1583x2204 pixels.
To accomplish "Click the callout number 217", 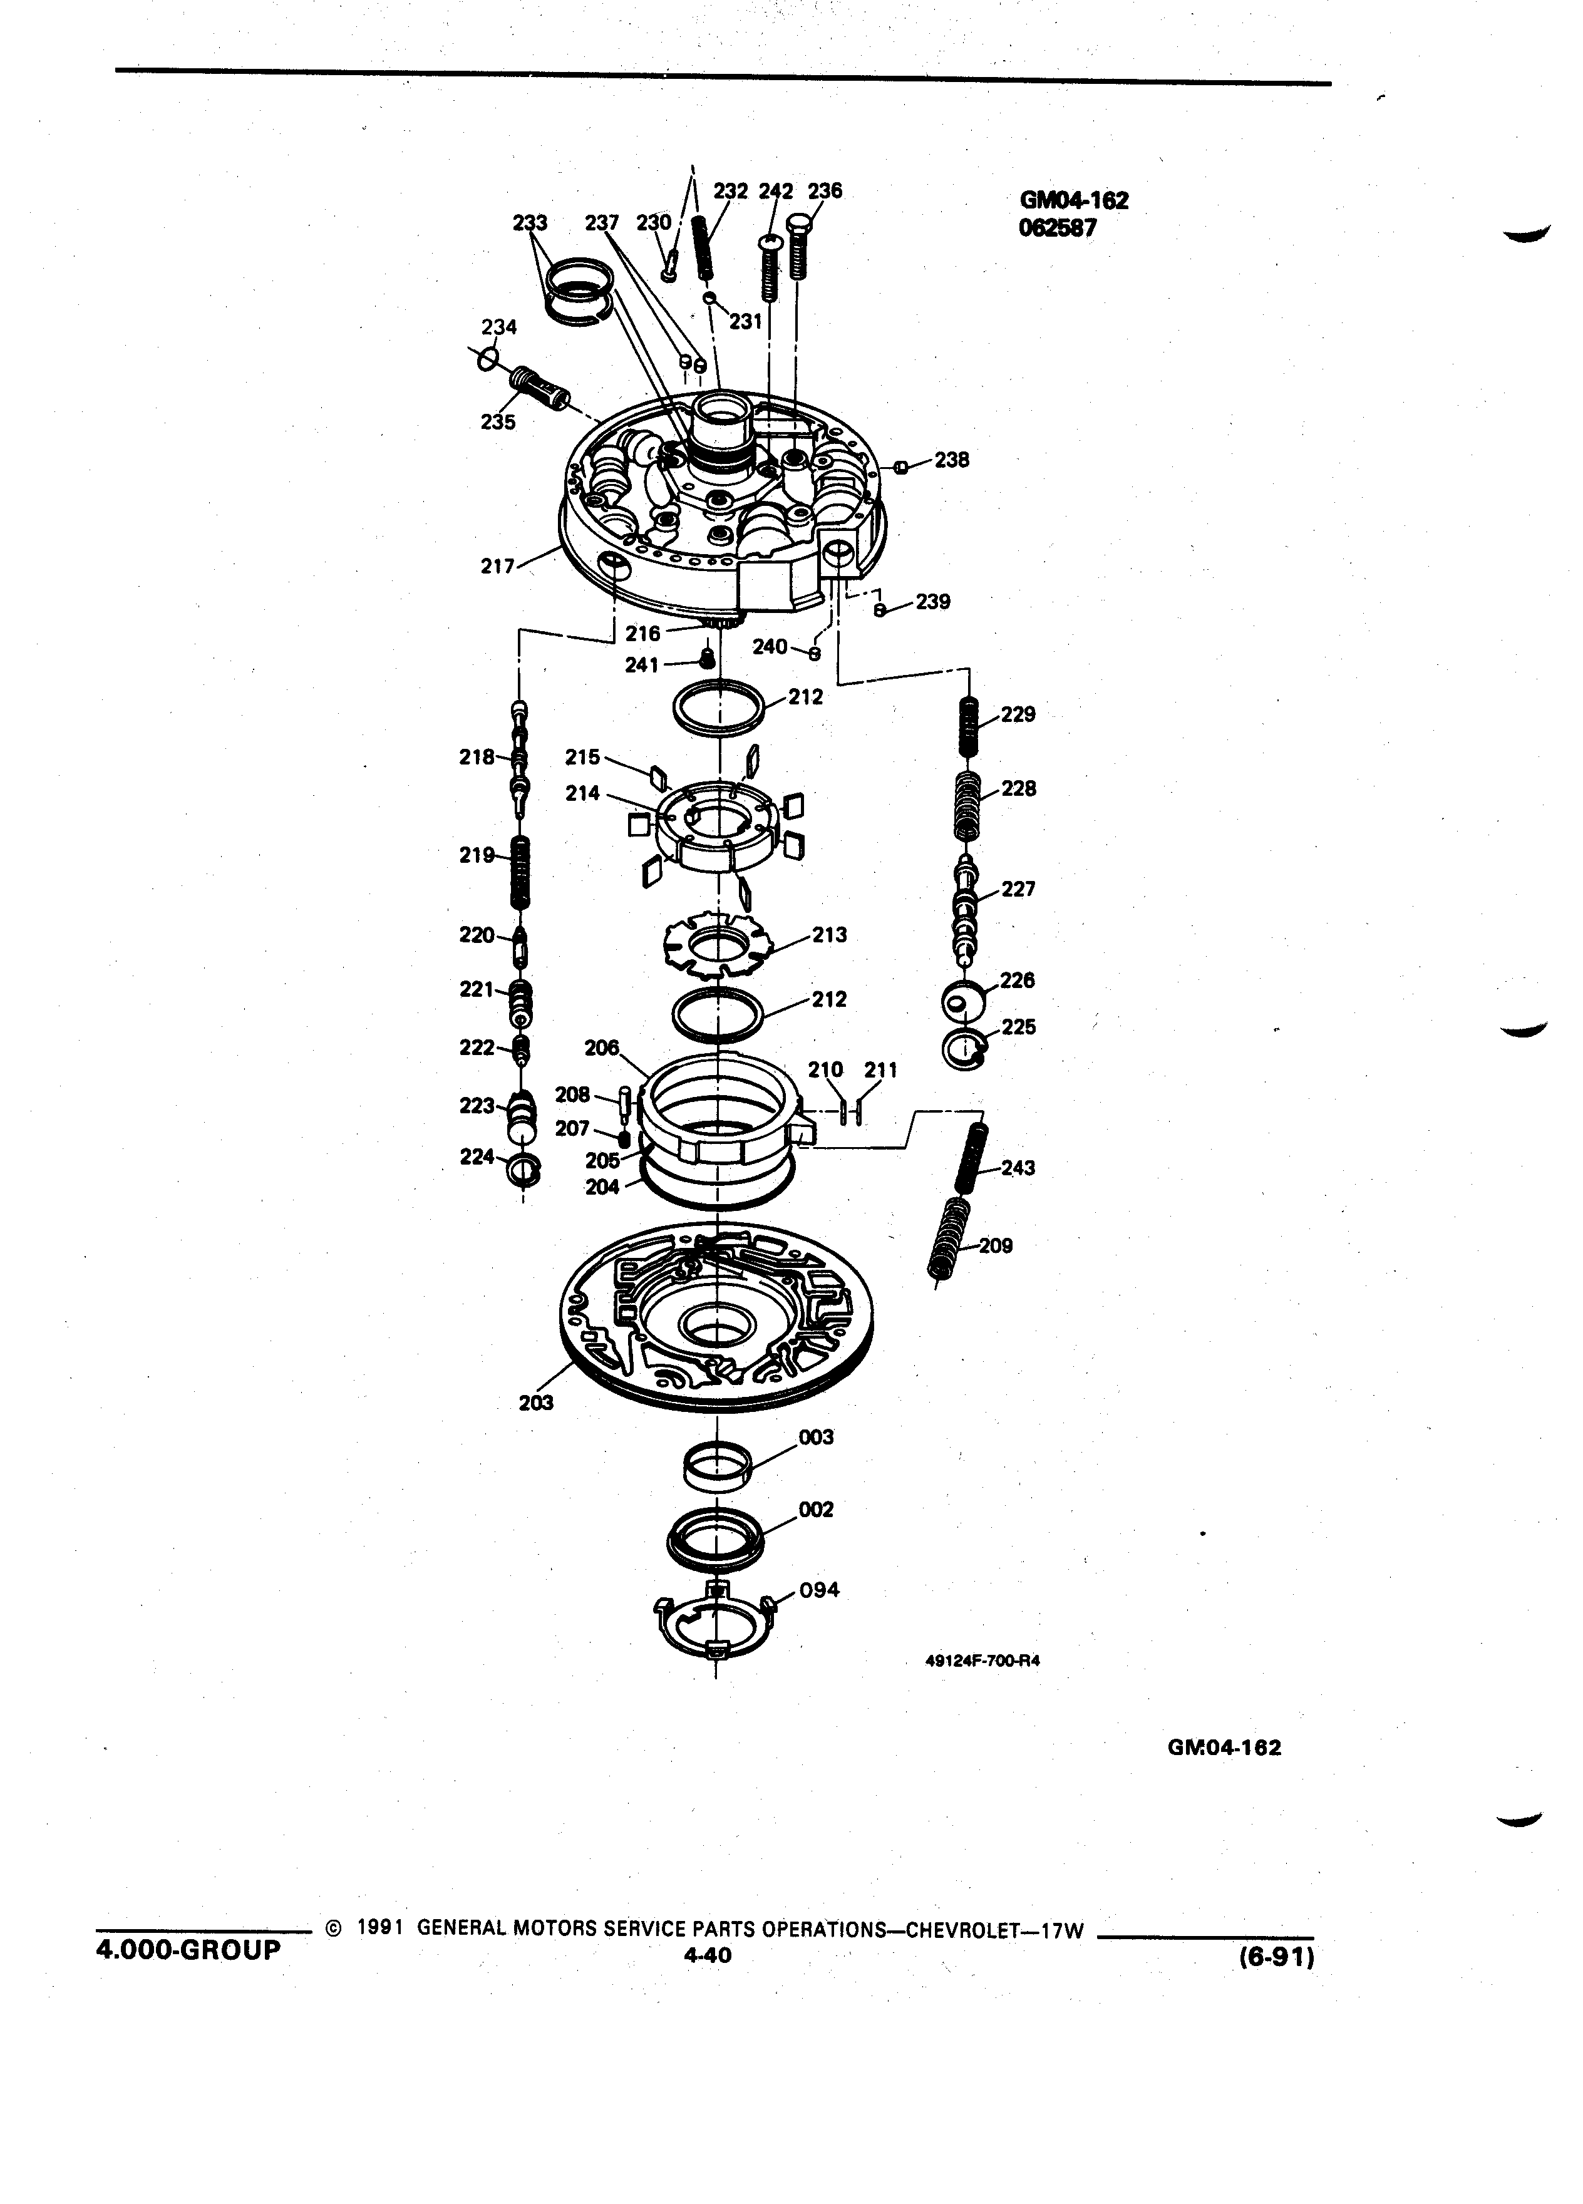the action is point(498,565).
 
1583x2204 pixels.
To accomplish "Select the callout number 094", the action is point(818,1590).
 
